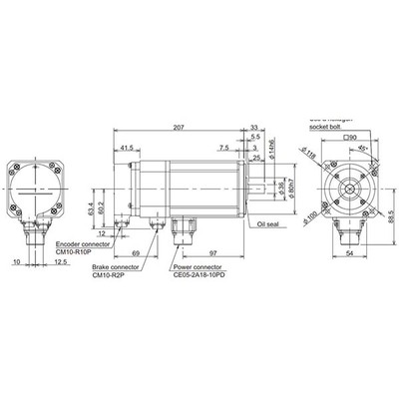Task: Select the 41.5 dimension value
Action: [127, 148]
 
